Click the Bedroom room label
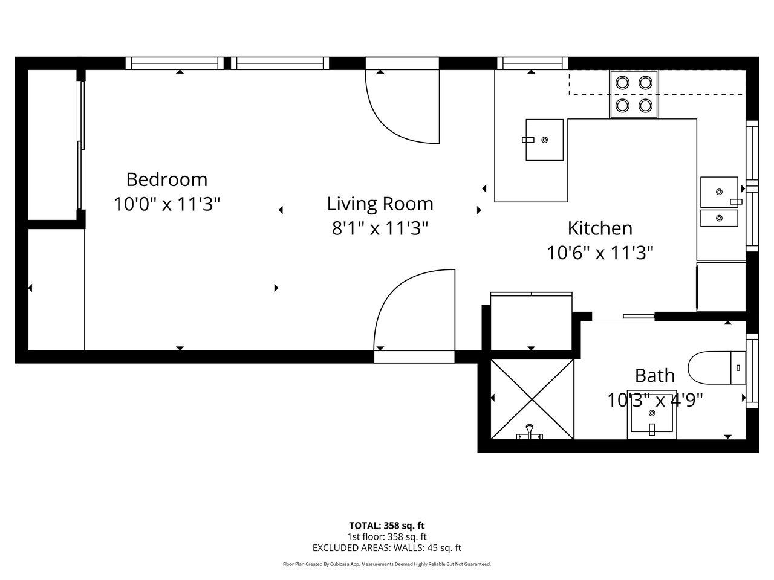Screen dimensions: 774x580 click(167, 179)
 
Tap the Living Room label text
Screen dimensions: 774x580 click(380, 204)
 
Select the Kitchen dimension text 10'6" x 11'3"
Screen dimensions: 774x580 click(600, 253)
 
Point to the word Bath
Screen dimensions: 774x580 click(655, 376)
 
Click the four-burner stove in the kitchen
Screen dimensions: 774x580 click(634, 94)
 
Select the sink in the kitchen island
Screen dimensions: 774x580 click(544, 140)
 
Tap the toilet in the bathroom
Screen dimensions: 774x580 click(717, 368)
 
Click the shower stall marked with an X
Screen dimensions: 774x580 click(532, 399)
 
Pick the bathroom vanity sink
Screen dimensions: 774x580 click(652, 414)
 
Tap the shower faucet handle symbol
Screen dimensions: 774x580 click(529, 433)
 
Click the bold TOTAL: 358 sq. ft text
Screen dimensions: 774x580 click(387, 526)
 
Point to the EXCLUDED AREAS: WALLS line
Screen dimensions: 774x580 click(387, 547)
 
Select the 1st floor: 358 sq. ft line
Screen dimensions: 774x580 click(387, 536)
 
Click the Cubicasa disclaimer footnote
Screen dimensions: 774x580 click(387, 564)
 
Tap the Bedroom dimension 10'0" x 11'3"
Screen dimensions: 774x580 click(167, 204)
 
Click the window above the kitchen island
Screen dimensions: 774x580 click(533, 63)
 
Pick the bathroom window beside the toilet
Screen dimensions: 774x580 click(752, 371)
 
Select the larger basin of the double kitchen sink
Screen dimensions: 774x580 click(719, 192)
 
